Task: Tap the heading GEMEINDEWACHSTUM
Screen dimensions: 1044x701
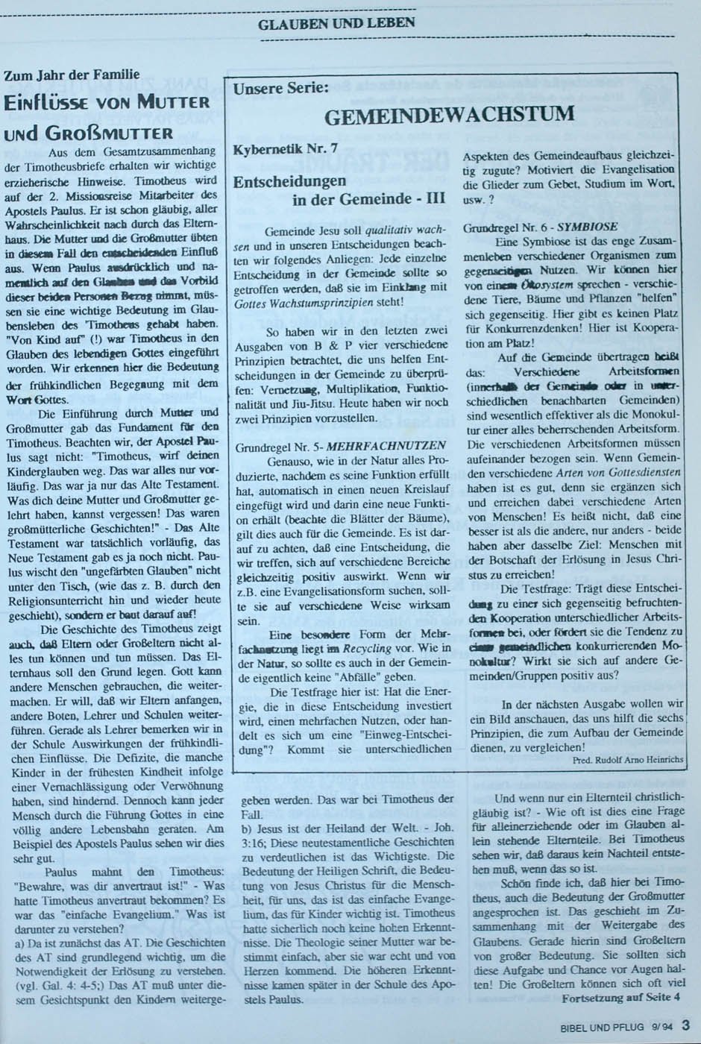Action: pos(450,115)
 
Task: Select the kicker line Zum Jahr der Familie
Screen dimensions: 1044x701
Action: pos(72,75)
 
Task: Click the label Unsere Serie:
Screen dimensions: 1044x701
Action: pos(281,89)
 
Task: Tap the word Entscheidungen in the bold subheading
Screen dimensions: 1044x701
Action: pos(289,181)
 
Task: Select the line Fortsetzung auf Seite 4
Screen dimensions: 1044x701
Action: pos(621,996)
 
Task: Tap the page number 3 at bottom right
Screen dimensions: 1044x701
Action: pos(685,1025)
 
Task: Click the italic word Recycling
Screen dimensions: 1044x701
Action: pos(368,649)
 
